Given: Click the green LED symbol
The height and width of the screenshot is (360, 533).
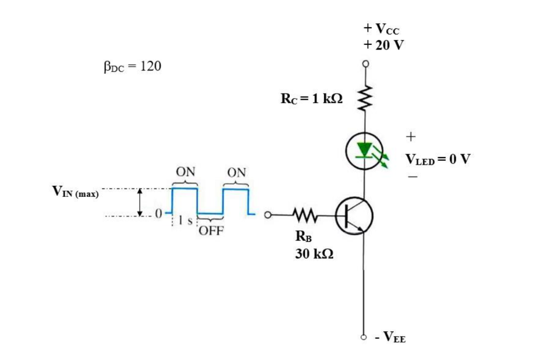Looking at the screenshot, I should point(364,151).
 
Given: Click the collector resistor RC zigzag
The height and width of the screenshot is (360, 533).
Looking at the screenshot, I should point(366,98).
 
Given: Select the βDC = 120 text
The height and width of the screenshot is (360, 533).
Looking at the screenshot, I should point(132,67).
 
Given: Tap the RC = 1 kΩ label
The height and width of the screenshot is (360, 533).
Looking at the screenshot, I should point(311,99).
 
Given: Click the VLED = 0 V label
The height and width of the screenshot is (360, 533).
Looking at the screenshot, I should point(438,159).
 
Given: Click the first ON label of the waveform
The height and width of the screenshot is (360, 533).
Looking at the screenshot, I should point(185,171).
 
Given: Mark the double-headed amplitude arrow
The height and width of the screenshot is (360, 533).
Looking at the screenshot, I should point(140,202).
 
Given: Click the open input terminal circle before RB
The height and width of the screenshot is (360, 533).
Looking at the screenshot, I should point(267,214).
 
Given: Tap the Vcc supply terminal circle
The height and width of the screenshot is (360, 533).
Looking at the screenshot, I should point(366,64).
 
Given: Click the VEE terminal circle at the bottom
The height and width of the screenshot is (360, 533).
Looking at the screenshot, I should point(365,337).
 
